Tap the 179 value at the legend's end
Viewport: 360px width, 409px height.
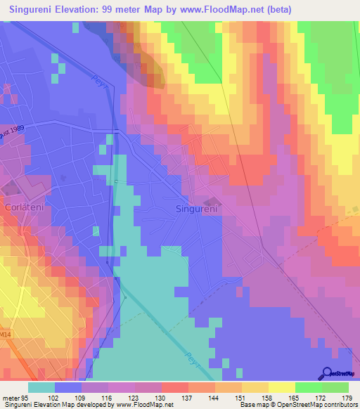coord(347,398)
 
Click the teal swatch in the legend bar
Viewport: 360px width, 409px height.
coord(41,387)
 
